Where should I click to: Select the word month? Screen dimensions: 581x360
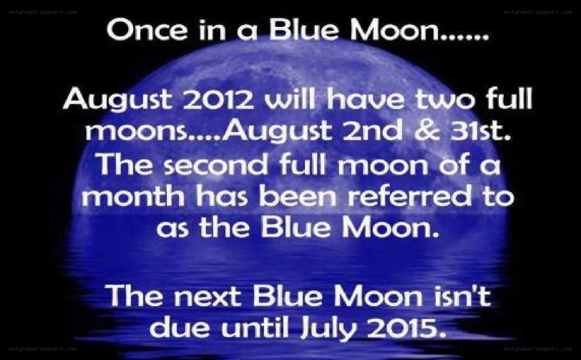tap(134, 196)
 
